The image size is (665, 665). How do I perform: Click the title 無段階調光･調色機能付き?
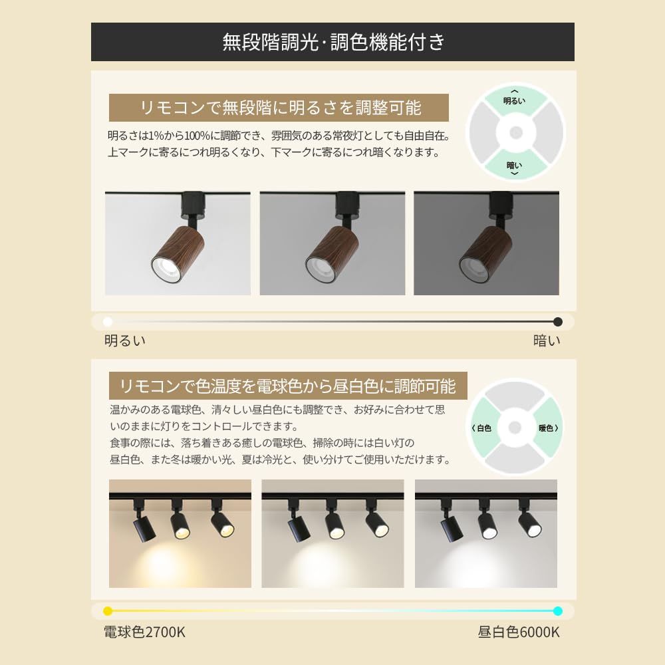(332, 43)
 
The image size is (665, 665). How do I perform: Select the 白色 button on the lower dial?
(482, 428)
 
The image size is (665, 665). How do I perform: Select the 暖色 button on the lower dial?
(548, 428)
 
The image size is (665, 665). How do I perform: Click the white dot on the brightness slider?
(108, 322)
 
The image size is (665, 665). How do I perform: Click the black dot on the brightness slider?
(557, 322)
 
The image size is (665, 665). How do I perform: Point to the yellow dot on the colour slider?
(108, 610)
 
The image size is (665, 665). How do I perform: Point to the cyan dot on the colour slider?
(557, 610)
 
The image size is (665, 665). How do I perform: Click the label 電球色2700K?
(144, 632)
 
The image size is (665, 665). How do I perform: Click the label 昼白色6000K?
(519, 632)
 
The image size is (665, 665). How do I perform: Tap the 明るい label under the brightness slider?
(125, 341)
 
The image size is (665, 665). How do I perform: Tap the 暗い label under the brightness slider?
(547, 341)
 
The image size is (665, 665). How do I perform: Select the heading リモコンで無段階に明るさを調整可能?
(279, 107)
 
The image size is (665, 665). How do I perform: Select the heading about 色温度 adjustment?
(287, 386)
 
